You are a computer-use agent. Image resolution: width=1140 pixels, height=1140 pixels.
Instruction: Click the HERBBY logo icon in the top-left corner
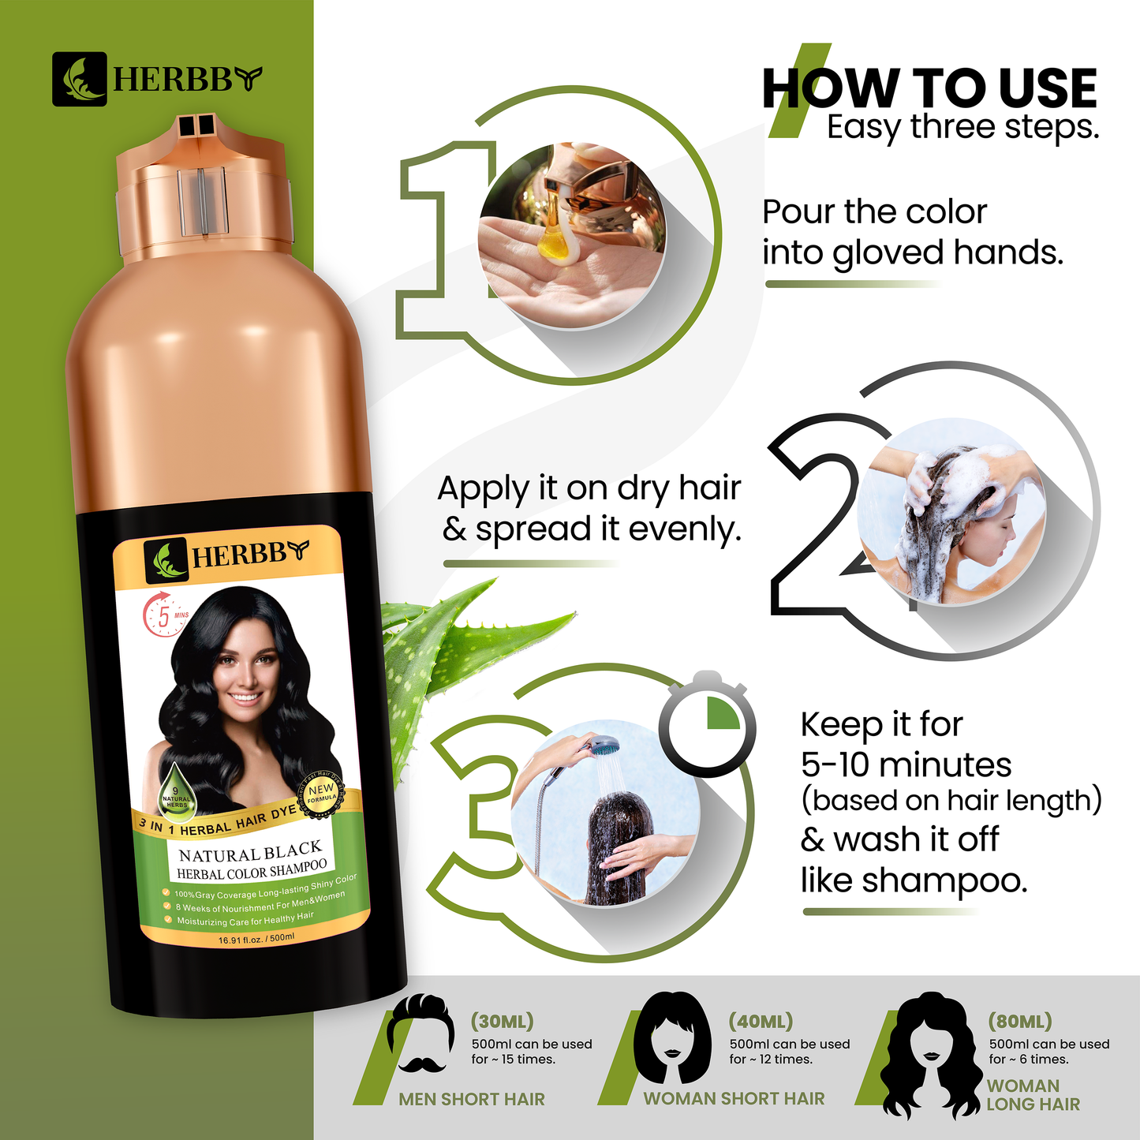pyautogui.click(x=79, y=79)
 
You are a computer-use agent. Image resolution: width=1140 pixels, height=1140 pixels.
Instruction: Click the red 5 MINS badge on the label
pyautogui.click(x=163, y=616)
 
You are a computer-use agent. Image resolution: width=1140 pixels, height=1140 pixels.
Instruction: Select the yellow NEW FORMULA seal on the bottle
pyautogui.click(x=321, y=793)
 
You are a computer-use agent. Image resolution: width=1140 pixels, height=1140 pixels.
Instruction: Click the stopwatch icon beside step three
pyautogui.click(x=708, y=722)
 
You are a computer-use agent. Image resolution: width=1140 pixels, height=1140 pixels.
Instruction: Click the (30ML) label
pyautogui.click(x=502, y=1021)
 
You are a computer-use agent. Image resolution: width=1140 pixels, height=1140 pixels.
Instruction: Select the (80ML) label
pyautogui.click(x=1020, y=1021)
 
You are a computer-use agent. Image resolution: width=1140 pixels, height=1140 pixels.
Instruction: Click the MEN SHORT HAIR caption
pyautogui.click(x=472, y=1099)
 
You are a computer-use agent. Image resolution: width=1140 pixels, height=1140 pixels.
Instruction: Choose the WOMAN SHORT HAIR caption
pyautogui.click(x=734, y=1098)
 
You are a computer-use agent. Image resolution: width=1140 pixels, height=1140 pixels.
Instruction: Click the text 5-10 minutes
pyautogui.click(x=906, y=764)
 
